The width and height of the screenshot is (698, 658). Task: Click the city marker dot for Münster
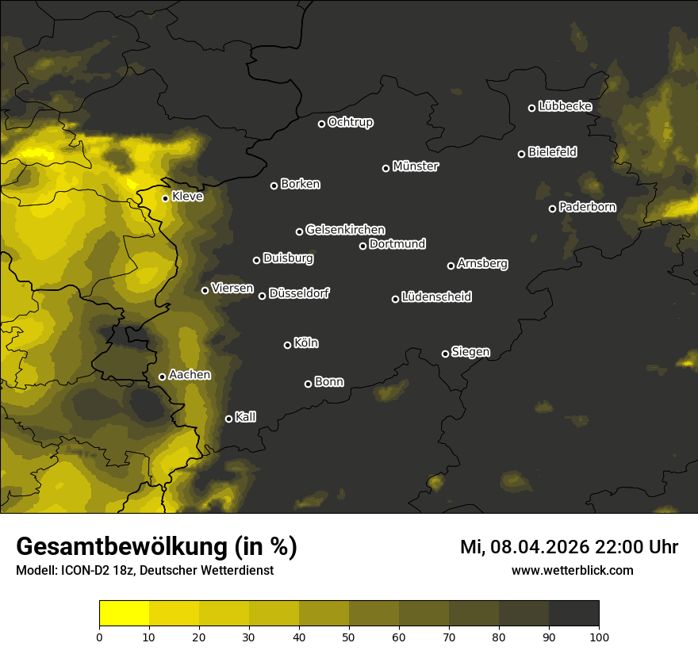coord(386,168)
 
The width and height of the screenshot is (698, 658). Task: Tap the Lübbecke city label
coord(565,106)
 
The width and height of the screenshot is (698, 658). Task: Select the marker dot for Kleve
coord(166,198)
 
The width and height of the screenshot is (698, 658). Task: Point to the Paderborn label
coord(587,207)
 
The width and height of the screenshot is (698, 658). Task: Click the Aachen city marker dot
coord(163,377)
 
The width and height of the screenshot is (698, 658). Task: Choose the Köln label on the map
coord(306,343)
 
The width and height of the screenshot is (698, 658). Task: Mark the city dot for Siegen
coord(445,354)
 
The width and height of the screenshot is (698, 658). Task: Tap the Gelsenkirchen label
coord(345,230)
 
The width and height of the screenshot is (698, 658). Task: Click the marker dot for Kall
coord(229,419)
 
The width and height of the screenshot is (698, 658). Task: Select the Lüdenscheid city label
coord(436,297)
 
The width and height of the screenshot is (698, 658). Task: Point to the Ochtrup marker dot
coord(322,124)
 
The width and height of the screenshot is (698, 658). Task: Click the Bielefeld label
coord(552,152)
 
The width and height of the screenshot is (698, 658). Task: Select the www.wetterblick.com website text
coord(572,570)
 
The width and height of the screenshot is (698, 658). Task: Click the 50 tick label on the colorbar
coord(349,636)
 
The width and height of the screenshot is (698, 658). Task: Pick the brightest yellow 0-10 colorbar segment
coord(125,614)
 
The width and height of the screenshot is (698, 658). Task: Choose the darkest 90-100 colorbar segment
coord(573,614)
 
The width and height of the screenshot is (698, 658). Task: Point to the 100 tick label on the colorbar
coord(599,636)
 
